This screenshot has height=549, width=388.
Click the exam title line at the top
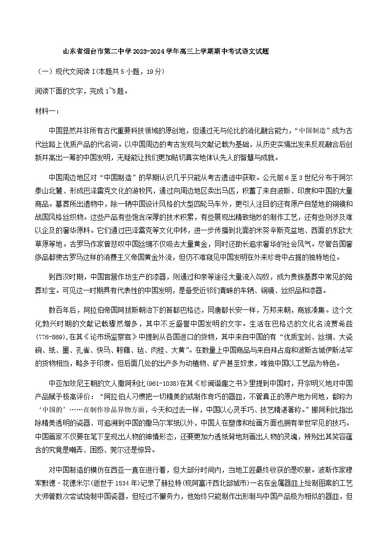(x=166, y=51)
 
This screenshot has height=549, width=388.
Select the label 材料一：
(x=47, y=111)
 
